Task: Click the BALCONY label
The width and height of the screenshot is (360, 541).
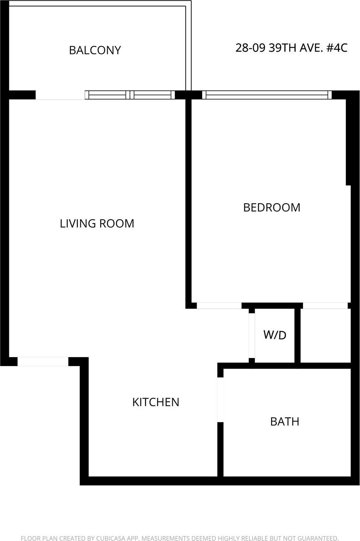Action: (95, 50)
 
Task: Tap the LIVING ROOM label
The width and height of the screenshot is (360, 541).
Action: (97, 223)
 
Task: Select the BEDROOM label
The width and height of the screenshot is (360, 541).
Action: (271, 207)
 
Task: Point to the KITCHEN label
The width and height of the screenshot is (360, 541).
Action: (156, 402)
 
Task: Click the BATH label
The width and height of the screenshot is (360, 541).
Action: (284, 421)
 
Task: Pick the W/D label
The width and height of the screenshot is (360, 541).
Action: (275, 335)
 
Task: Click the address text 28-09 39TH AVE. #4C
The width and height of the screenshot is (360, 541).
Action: (291, 48)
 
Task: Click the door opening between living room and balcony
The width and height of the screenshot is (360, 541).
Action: (60, 95)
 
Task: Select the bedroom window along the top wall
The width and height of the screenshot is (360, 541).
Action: (267, 95)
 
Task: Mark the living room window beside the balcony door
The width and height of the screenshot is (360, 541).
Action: (130, 95)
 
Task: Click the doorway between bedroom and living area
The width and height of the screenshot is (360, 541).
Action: (219, 306)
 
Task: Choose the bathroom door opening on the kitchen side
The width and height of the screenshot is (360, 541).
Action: (220, 400)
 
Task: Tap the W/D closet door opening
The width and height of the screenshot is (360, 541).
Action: (252, 335)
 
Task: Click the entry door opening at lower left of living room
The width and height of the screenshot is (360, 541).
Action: (43, 361)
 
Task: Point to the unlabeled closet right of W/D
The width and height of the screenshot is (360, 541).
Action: (325, 335)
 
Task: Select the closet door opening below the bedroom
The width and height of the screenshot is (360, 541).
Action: (325, 306)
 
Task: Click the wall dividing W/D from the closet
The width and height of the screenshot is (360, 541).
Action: (297, 335)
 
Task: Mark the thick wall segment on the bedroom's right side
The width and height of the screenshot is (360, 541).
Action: (348, 141)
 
